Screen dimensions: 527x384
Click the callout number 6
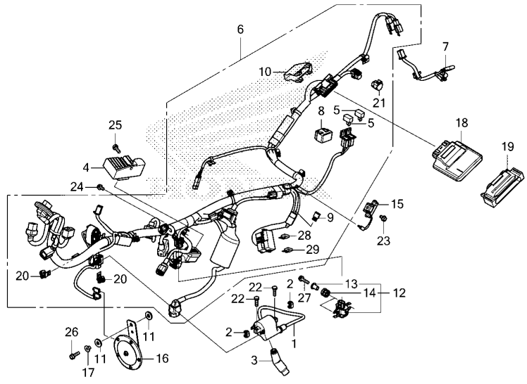pos(240,29)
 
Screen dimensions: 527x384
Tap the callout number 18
pos(462,123)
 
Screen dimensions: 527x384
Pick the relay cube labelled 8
pos(322,134)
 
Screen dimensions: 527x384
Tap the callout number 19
pos(508,146)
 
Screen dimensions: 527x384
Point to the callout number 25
pos(116,124)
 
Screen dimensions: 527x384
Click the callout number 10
pos(265,72)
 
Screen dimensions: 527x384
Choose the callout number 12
pos(399,293)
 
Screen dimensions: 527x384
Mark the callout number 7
pos(445,46)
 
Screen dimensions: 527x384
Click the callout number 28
pos(304,236)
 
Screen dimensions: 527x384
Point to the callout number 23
pos(383,241)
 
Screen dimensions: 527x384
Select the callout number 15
pos(397,203)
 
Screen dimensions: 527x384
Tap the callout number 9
pos(330,217)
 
